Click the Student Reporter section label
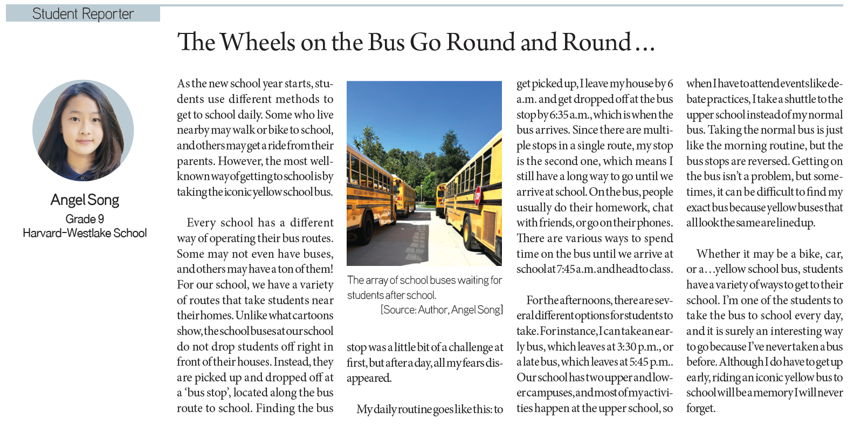point(83,13)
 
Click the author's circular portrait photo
point(83,131)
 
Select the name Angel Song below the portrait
point(85,200)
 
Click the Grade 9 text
point(85,219)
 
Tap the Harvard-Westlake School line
point(85,233)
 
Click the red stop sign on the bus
point(478,196)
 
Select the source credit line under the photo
point(442,310)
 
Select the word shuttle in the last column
point(800,99)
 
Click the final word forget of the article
point(700,409)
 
